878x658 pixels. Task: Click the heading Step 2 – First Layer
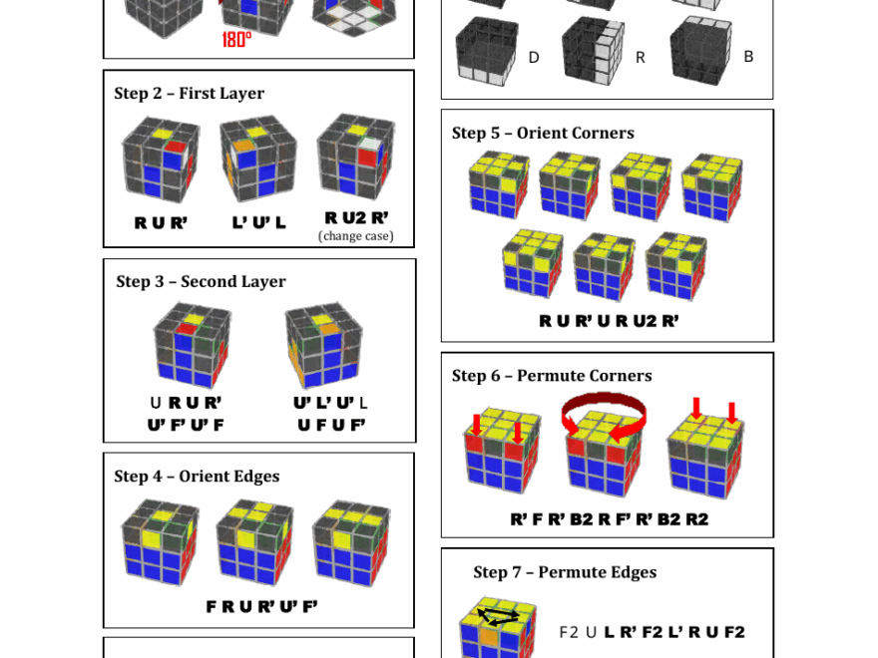pos(190,94)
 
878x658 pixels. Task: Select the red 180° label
pos(236,40)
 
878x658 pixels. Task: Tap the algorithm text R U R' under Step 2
pos(161,223)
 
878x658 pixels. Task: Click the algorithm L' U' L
pos(259,223)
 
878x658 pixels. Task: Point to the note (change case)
pos(355,236)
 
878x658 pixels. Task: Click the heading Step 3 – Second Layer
pos(201,282)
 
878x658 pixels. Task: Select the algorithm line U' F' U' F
pos(186,425)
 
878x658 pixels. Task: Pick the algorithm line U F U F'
pos(331,425)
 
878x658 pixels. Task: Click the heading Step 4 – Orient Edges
pos(197,477)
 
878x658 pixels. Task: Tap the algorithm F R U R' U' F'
pos(261,606)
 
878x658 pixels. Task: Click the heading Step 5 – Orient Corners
pos(543,134)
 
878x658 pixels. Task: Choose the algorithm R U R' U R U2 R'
pos(609,321)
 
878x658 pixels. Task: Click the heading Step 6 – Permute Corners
pos(552,376)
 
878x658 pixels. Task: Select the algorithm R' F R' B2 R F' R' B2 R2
pos(609,519)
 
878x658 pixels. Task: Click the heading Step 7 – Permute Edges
pos(565,572)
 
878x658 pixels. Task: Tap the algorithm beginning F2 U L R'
pos(652,632)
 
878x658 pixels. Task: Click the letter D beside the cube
pos(534,58)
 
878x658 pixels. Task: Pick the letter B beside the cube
pos(748,57)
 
